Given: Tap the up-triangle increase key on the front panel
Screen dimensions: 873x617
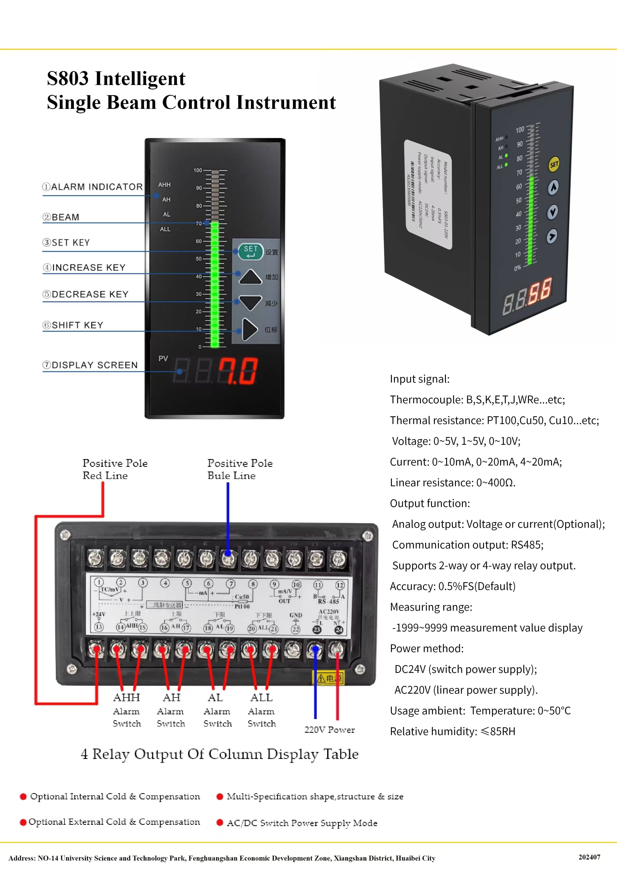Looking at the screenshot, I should point(250,277).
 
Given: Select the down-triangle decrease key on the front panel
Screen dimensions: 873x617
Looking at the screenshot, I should point(250,302).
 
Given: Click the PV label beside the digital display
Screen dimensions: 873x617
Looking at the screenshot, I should point(163,358).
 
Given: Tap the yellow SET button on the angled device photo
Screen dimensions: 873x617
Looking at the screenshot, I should point(554,164).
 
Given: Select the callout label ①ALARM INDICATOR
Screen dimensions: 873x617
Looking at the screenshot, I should point(93,187).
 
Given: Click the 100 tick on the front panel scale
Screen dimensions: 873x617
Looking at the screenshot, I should point(198,170).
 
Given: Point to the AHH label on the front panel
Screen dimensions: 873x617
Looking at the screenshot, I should point(164,185).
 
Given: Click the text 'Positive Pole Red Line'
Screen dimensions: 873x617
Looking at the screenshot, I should point(115,469).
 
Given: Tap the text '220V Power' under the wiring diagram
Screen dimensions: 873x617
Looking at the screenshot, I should point(329,730).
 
